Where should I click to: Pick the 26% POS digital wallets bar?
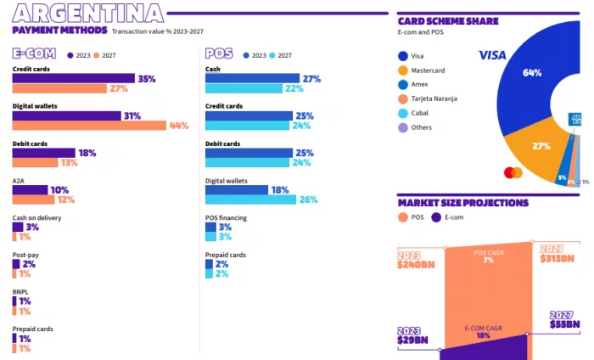(x=250, y=200)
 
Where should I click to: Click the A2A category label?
(x=18, y=181)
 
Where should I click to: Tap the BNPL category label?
(x=20, y=291)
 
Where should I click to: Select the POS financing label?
(x=226, y=218)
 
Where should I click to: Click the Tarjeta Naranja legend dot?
(x=403, y=98)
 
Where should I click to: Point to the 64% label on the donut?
(x=532, y=73)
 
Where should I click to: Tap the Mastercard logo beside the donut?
(x=513, y=172)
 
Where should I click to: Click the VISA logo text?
(x=492, y=55)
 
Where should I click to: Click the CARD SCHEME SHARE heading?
(x=448, y=21)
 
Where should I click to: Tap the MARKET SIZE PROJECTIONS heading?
(x=462, y=203)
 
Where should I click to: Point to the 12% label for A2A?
(x=66, y=200)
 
